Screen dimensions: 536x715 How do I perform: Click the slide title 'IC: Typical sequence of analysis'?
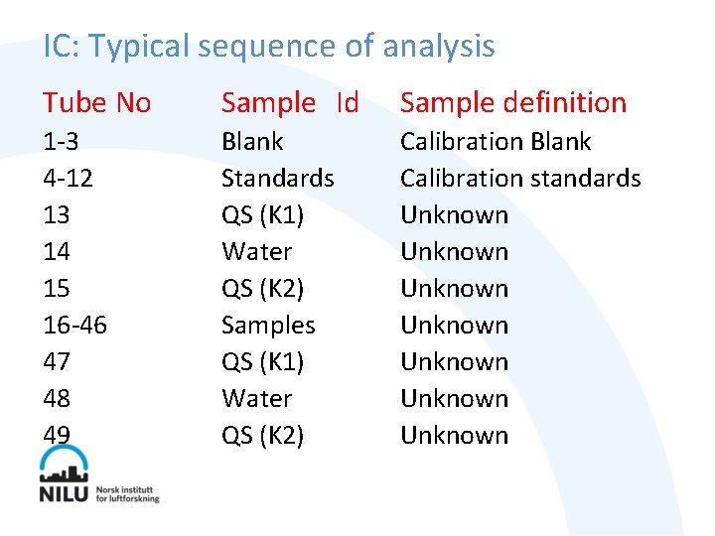[268, 46]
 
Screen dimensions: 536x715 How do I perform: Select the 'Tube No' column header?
[96, 102]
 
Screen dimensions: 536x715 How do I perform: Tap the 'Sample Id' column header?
[289, 102]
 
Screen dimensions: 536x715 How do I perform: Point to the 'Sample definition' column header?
[512, 102]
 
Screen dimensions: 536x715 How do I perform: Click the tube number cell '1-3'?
[61, 142]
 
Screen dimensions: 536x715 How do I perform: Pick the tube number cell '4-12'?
[67, 179]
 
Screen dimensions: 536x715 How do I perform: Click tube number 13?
[57, 215]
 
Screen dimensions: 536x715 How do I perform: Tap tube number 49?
[57, 436]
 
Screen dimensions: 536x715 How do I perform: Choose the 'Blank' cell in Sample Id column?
[252, 142]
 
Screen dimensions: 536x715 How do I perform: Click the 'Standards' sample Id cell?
[277, 179]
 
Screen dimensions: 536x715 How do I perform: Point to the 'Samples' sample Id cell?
[268, 326]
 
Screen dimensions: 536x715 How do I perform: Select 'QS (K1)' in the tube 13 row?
[262, 215]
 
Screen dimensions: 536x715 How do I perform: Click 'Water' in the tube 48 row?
[256, 399]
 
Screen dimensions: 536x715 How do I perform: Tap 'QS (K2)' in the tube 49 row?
[262, 436]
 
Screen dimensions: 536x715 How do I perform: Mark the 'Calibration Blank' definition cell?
[495, 142]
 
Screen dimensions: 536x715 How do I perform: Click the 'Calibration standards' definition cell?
[520, 179]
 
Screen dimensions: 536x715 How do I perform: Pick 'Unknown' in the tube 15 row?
[454, 289]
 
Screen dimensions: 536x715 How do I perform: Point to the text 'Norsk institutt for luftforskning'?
[127, 494]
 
